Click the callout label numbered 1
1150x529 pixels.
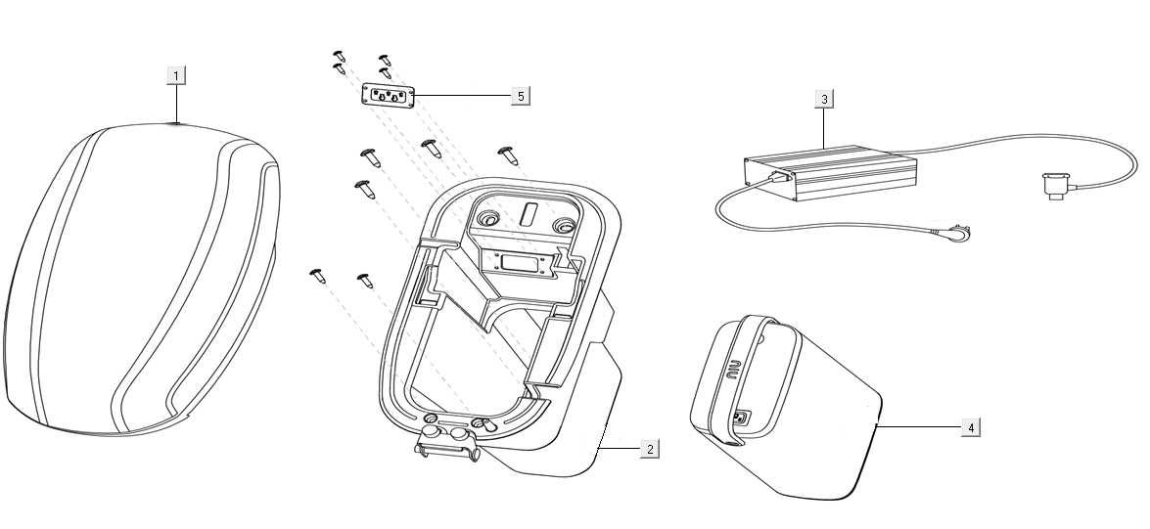coord(175,75)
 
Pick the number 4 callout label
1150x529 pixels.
coord(970,427)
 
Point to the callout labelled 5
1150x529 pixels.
coord(521,95)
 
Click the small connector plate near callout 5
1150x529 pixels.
coord(388,96)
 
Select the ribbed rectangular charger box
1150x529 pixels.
coord(832,172)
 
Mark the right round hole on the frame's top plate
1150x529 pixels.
coord(565,227)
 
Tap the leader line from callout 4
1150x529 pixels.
coord(920,427)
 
